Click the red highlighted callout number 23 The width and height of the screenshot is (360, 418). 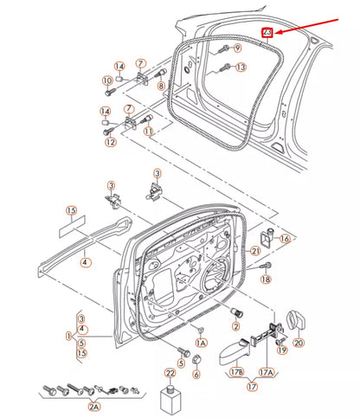[x=267, y=33]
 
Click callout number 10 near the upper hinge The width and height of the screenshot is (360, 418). [x=108, y=81]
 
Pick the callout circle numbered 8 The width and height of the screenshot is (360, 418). [x=161, y=84]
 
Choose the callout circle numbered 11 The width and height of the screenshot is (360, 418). [x=149, y=131]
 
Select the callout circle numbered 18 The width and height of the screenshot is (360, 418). [x=267, y=280]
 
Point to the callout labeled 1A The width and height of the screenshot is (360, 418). [x=201, y=344]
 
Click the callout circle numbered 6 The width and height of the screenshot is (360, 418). [x=197, y=375]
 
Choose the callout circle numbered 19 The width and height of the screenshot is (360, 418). [x=282, y=349]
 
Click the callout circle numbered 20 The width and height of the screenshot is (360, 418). [x=299, y=343]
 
